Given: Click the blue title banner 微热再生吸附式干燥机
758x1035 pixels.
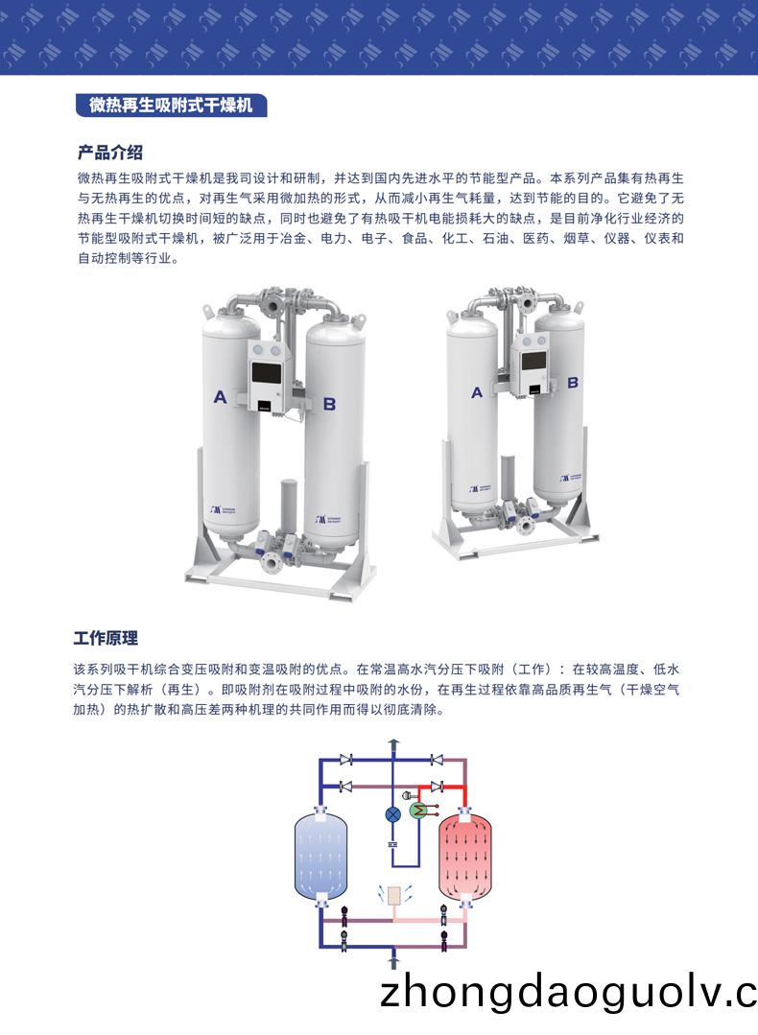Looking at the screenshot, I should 171,106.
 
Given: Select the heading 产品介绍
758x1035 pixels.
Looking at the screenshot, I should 110,153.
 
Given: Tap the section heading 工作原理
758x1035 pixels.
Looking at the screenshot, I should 107,638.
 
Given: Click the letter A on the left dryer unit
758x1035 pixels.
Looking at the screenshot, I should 220,396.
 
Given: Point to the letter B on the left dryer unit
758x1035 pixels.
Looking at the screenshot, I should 329,404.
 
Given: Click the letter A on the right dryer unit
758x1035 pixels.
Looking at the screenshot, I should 477,391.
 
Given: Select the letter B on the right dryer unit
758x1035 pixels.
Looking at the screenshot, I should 573,382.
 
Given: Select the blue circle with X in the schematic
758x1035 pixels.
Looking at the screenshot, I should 392,813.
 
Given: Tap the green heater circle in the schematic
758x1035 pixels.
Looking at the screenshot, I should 417,812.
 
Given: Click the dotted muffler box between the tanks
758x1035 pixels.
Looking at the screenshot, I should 391,894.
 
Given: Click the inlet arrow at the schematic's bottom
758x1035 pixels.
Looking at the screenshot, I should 391,959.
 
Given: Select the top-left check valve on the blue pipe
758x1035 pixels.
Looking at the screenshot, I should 346,761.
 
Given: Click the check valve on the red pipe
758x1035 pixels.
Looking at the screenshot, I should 438,787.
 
